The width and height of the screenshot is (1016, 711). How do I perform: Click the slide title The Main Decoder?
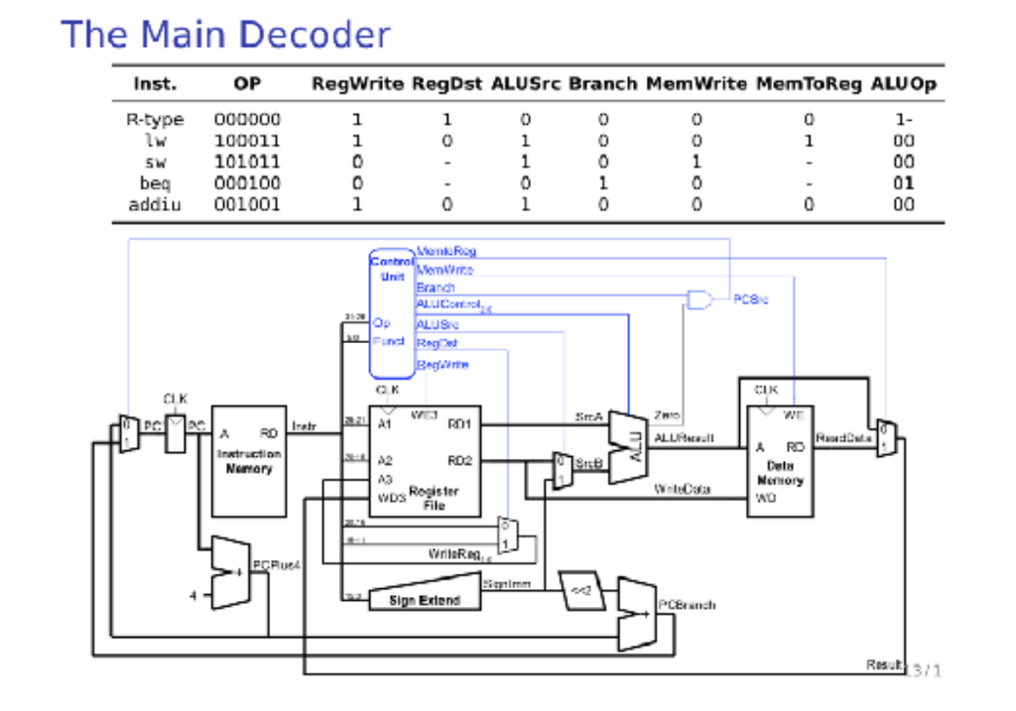click(225, 35)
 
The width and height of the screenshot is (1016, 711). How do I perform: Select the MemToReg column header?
click(808, 84)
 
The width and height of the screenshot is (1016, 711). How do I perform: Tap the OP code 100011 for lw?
click(247, 141)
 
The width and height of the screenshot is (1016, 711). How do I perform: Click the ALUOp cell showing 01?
click(902, 183)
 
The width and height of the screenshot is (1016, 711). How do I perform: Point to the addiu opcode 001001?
click(247, 205)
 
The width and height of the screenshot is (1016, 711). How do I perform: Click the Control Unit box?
click(391, 312)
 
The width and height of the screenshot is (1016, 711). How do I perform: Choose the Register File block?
click(425, 460)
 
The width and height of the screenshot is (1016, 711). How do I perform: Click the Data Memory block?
click(779, 460)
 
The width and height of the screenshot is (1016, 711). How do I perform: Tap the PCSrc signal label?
click(751, 298)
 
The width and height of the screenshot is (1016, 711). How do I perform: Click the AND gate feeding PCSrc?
click(699, 299)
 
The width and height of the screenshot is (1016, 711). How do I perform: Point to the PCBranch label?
click(687, 604)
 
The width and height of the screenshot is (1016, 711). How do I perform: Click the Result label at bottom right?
click(884, 665)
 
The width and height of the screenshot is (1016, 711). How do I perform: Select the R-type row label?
click(155, 120)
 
